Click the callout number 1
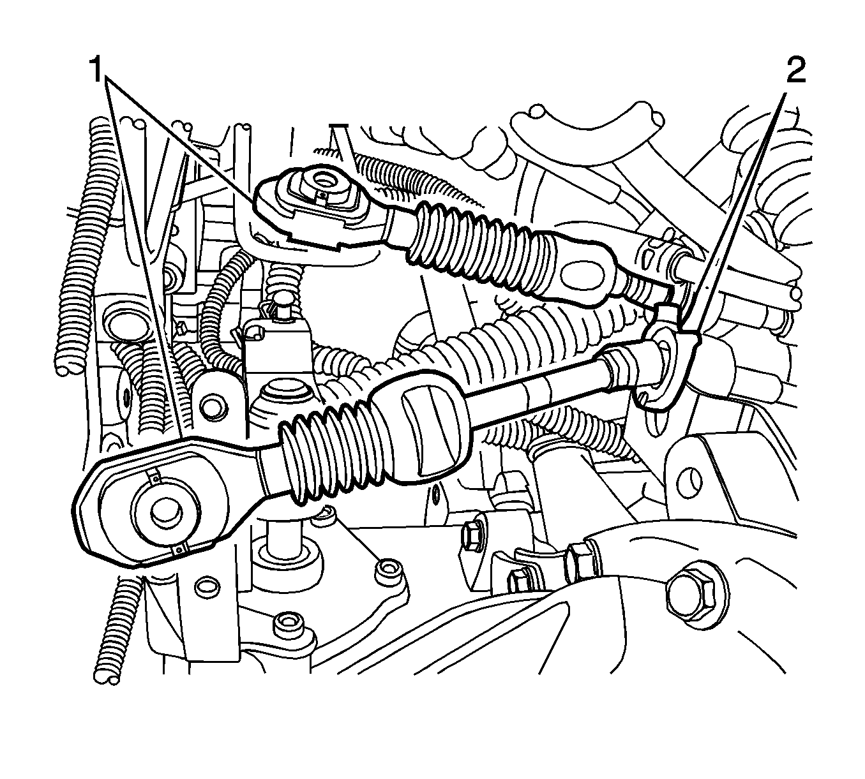pos(95,69)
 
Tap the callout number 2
pos(795,70)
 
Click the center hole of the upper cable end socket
pos(322,178)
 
